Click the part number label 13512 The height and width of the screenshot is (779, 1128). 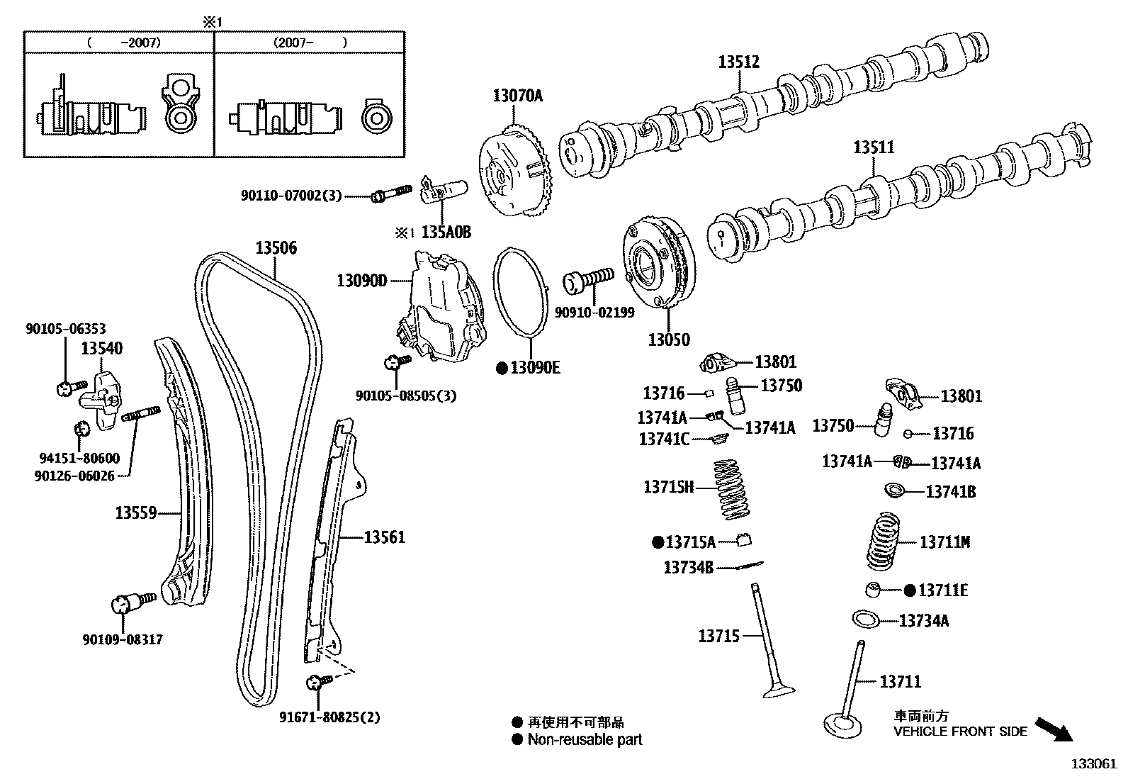click(x=738, y=62)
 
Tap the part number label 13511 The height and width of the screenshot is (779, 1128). click(x=874, y=147)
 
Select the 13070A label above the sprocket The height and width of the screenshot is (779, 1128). click(x=517, y=96)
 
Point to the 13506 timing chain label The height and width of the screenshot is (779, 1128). click(x=276, y=248)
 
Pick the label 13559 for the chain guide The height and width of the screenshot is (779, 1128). click(x=136, y=512)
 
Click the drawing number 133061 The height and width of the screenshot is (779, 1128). click(x=1093, y=764)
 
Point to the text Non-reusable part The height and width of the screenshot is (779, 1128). click(x=585, y=740)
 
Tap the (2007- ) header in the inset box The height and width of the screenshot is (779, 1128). click(x=310, y=43)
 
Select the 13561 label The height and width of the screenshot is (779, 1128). click(x=385, y=537)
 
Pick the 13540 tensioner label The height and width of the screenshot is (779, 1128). click(x=101, y=348)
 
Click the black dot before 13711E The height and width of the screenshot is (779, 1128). click(x=910, y=590)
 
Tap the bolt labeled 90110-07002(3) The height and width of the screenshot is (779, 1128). click(x=390, y=192)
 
